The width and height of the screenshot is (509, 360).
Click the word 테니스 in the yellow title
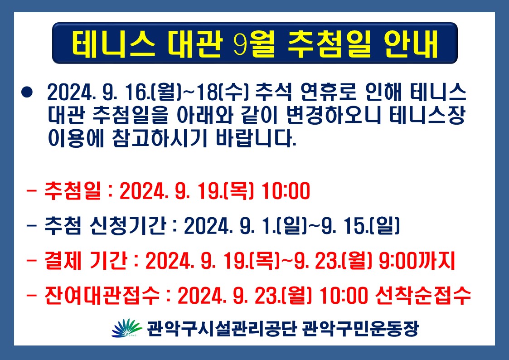click(113, 44)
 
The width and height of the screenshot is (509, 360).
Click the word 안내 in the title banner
click(411, 44)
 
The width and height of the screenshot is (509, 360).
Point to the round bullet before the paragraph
click(27, 92)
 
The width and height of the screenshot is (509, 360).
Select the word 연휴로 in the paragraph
click(328, 92)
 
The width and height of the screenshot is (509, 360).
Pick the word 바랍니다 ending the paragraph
click(256, 139)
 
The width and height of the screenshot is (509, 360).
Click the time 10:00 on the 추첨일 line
click(286, 191)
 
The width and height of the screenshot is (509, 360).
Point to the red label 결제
click(63, 261)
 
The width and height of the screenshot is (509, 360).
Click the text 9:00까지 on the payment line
click(417, 261)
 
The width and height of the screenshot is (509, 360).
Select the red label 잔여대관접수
click(102, 296)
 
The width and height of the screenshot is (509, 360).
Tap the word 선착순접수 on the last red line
click(422, 296)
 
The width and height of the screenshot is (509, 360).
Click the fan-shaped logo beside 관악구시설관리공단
click(127, 328)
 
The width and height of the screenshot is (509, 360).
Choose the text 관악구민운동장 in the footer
click(360, 329)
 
